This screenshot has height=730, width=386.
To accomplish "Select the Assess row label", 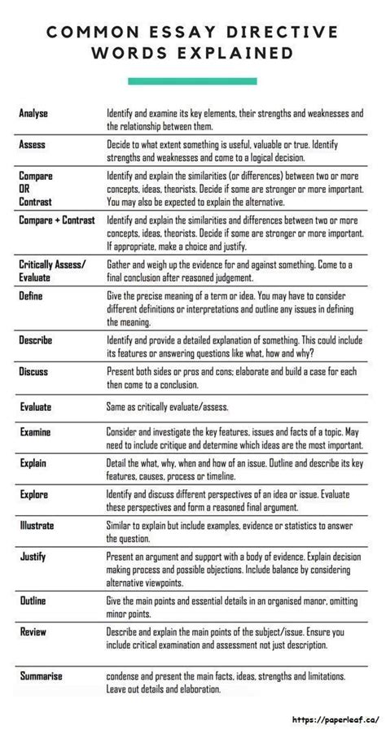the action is point(33,144).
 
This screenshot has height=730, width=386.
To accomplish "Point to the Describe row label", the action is point(36,340).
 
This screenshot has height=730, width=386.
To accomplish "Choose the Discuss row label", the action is point(33,371).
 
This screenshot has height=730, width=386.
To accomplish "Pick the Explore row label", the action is point(34,494).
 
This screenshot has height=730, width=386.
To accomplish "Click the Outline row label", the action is point(33,601).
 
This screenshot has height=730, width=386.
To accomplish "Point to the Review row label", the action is point(32,632).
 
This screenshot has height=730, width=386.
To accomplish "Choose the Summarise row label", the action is point(40,676).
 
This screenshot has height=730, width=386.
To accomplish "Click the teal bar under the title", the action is point(192,81).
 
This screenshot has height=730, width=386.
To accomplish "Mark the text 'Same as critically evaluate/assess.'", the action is point(167,407).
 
